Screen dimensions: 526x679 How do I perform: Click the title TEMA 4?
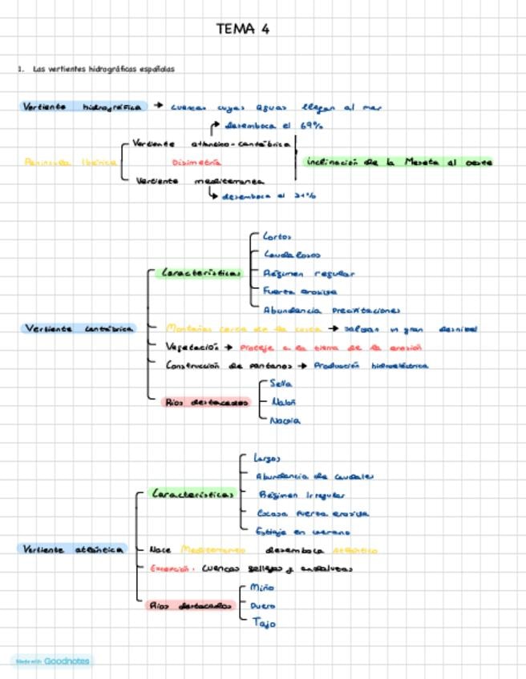coord(242,30)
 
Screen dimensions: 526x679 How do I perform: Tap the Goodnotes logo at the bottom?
coord(51,661)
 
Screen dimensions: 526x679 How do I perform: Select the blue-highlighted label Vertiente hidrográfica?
coord(83,106)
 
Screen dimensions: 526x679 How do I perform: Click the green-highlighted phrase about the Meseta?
coord(399,162)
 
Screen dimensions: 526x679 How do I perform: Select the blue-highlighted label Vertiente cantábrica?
coord(79,328)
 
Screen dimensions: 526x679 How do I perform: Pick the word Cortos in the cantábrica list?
coord(277,236)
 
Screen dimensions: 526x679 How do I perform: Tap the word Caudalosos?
coord(292,255)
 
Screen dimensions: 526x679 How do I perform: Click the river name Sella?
coord(281,384)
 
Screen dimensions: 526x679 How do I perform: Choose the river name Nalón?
coord(284,402)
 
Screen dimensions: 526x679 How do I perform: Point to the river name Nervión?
coord(285,420)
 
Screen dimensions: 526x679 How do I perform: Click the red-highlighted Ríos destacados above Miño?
coord(189,605)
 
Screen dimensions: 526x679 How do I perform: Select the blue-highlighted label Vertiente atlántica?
coord(73,549)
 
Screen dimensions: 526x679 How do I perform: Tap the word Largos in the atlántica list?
coord(267,458)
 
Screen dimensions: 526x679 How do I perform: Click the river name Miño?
coord(262,588)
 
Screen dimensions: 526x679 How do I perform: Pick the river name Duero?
coord(263,606)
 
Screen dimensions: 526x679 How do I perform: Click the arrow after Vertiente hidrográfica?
coord(159,105)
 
